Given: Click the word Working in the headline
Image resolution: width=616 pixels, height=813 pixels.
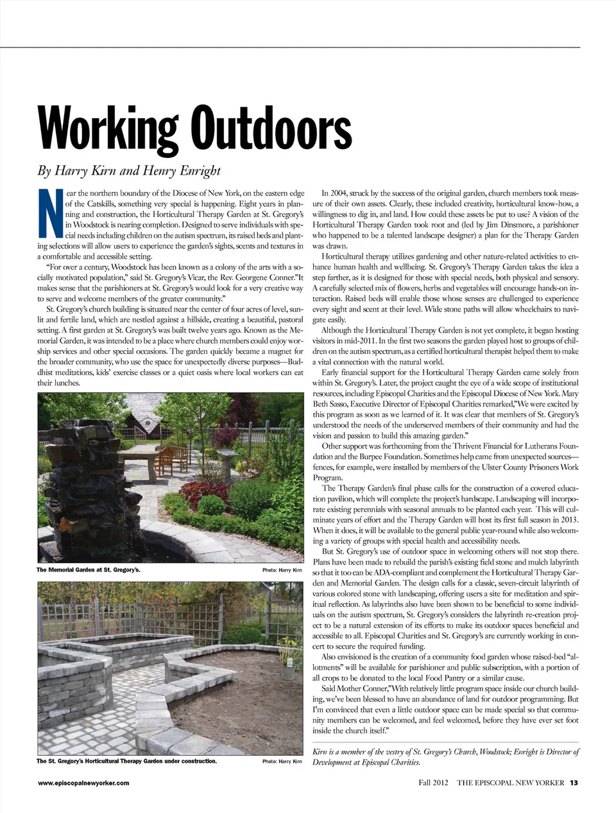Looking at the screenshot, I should click(107, 130).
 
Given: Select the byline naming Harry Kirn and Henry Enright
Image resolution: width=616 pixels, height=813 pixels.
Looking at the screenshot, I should click(128, 170).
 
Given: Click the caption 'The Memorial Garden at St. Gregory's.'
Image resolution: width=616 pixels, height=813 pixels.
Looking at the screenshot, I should click(88, 570).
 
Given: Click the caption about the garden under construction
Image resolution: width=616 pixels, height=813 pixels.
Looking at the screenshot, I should click(126, 761).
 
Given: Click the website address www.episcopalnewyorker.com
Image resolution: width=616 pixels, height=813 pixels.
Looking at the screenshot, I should click(83, 783).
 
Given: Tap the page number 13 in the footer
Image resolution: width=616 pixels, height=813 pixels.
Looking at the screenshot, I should click(574, 783).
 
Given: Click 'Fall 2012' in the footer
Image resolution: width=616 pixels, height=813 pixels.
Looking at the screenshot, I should click(433, 783).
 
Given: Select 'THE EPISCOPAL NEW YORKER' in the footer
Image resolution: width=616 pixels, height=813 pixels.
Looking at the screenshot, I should click(510, 783).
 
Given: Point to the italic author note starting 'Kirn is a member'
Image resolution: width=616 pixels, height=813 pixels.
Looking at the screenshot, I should click(445, 756).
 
